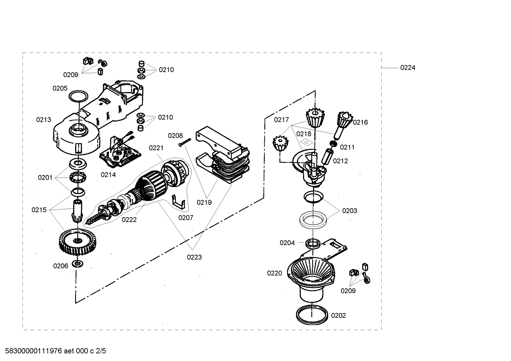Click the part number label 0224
click(x=408, y=68)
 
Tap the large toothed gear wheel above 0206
click(x=78, y=242)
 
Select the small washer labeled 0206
click(x=77, y=264)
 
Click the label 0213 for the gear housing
click(x=44, y=119)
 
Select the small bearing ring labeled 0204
click(x=313, y=243)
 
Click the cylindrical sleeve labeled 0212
click(x=327, y=157)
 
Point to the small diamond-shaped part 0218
click(x=307, y=142)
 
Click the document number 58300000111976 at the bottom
click(x=33, y=351)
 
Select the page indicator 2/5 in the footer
click(x=101, y=351)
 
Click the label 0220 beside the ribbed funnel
click(x=274, y=273)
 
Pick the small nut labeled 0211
click(x=333, y=143)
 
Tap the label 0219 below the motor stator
click(x=204, y=202)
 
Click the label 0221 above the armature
click(x=156, y=148)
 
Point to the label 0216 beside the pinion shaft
click(x=360, y=122)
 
